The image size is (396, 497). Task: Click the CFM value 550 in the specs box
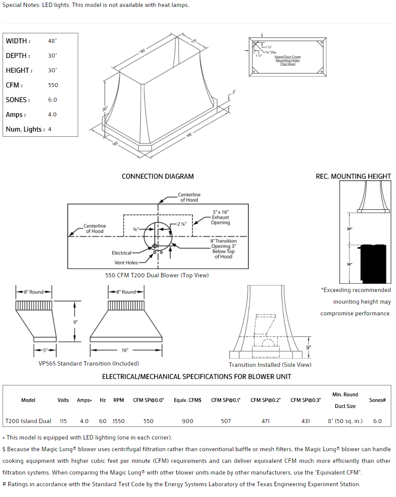tap(53, 85)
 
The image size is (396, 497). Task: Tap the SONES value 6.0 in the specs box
tap(53, 100)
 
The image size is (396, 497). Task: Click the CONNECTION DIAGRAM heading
tap(158, 176)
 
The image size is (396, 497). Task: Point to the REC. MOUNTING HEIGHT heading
tap(353, 176)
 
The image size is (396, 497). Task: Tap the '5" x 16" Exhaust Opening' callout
tap(220, 217)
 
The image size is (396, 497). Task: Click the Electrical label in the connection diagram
tap(121, 253)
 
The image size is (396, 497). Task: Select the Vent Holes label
tap(126, 263)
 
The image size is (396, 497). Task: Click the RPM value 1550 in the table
tap(118, 421)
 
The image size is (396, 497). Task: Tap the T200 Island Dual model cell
tap(28, 421)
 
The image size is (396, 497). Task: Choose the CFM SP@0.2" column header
tap(265, 400)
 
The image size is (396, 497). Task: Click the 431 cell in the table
tap(305, 421)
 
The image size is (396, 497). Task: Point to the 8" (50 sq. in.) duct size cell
tap(345, 421)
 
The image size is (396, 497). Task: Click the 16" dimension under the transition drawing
tap(125, 350)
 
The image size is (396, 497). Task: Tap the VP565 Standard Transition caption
tap(89, 364)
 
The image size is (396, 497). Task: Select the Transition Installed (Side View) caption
tap(270, 365)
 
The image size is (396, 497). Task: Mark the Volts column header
tap(63, 400)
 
